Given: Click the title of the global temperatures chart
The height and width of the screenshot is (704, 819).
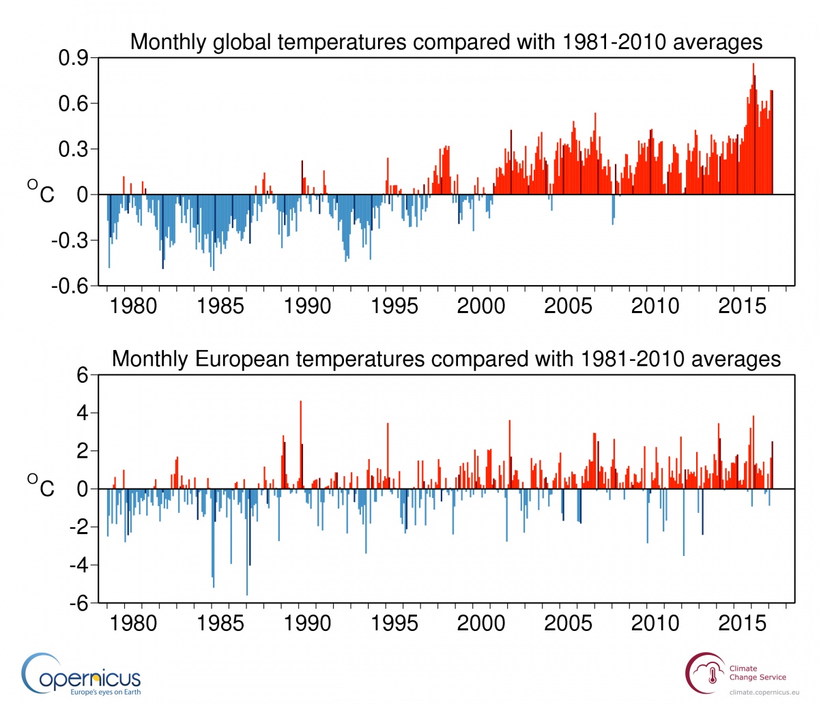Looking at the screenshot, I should [x=446, y=42].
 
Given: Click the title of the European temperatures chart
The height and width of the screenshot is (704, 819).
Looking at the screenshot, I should [x=446, y=359].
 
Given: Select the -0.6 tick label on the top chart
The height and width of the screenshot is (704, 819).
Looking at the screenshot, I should [x=70, y=286].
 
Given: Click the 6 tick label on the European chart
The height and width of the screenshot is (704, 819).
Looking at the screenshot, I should [x=83, y=375].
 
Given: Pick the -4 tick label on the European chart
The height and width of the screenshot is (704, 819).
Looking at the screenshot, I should [x=77, y=566].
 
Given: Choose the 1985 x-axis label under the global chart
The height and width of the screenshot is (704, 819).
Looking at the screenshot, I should [x=220, y=306].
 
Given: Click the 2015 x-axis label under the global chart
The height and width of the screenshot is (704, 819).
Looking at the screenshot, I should [x=742, y=306].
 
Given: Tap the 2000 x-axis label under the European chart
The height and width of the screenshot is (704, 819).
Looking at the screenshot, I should [x=481, y=624].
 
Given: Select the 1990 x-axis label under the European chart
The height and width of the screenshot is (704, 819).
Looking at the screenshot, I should [x=307, y=624].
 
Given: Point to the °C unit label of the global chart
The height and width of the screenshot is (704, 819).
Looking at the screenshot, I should [x=41, y=192].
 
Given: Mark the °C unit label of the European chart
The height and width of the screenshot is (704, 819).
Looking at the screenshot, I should [x=41, y=486].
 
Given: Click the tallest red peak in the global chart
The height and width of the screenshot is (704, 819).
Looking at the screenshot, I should [x=753, y=65].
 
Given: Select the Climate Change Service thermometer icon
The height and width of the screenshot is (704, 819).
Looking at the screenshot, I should [x=713, y=675].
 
